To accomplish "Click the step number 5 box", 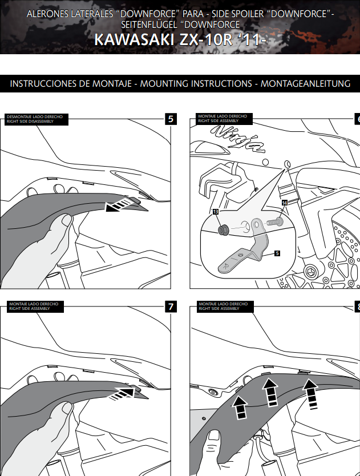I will coord(171,119).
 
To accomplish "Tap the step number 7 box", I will coord(171,306).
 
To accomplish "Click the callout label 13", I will coord(216,212).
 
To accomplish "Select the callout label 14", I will coord(285,203).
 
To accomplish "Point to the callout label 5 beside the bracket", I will coord(277,253).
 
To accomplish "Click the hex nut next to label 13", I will coord(224,229).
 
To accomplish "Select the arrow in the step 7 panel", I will coord(125,393).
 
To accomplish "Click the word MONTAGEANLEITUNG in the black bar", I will coord(305,84).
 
